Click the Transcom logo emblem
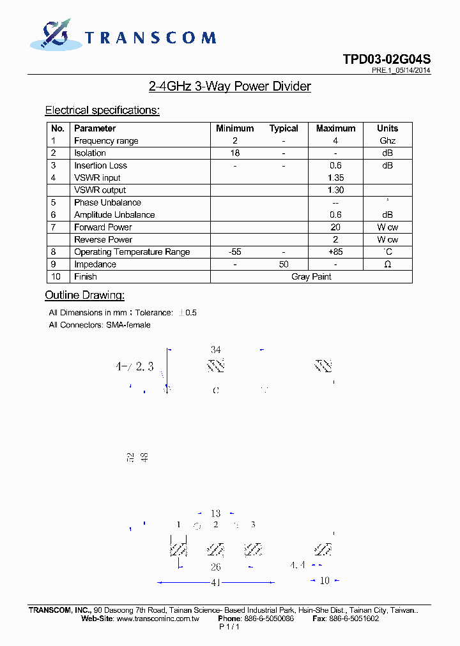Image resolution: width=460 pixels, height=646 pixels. pyautogui.click(x=54, y=35)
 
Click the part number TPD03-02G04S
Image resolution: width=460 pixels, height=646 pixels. pyautogui.click(x=387, y=59)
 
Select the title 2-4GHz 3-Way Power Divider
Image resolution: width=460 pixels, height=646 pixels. pyautogui.click(x=229, y=86)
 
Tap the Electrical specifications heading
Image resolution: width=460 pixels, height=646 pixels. pyautogui.click(x=102, y=110)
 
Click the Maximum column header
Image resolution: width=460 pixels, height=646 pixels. pyautogui.click(x=335, y=128)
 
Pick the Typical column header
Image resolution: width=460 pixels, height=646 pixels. pyautogui.click(x=284, y=128)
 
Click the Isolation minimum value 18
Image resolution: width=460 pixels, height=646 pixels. pyautogui.click(x=235, y=153)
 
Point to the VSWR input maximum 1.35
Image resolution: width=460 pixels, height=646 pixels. pyautogui.click(x=335, y=178)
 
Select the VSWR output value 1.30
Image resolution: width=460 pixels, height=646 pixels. pyautogui.click(x=335, y=190)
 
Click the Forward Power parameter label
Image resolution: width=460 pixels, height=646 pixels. pyautogui.click(x=103, y=227)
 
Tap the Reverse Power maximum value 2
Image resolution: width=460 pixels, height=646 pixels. pyautogui.click(x=335, y=240)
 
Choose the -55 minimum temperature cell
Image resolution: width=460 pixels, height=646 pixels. pyautogui.click(x=235, y=252)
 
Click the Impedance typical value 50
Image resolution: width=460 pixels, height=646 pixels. pyautogui.click(x=284, y=264)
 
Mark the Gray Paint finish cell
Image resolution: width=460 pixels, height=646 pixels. pyautogui.click(x=311, y=277)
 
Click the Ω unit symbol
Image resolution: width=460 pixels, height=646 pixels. pyautogui.click(x=387, y=264)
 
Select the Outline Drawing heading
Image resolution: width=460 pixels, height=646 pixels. pyautogui.click(x=84, y=296)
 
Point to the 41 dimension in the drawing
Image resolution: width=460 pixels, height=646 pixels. pyautogui.click(x=216, y=582)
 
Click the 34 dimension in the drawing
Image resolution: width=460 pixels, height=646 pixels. pyautogui.click(x=216, y=350)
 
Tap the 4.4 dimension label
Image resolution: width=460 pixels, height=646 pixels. pyautogui.click(x=297, y=566)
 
